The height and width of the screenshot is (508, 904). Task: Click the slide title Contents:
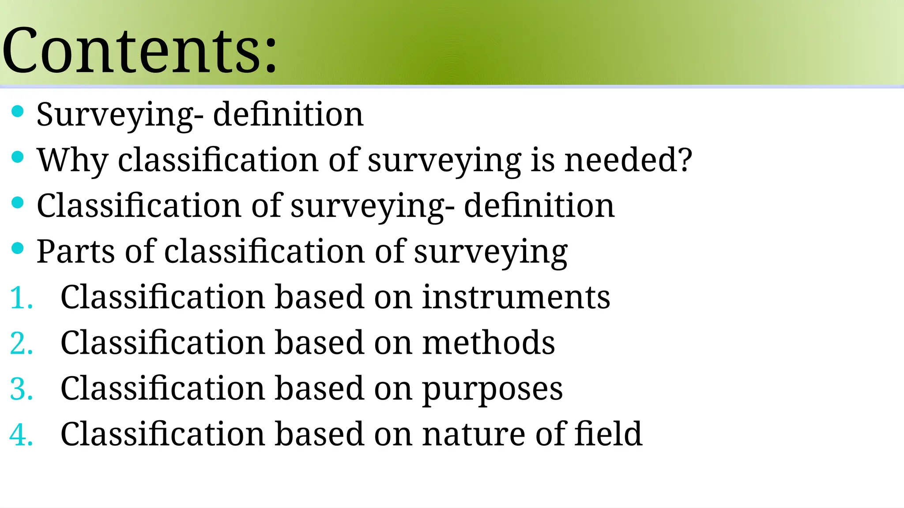pyautogui.click(x=139, y=51)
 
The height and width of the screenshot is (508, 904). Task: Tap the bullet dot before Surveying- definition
pyautogui.click(x=18, y=111)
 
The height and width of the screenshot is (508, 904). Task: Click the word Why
pyautogui.click(x=72, y=160)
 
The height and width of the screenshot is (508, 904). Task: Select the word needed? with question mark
pyautogui.click(x=628, y=160)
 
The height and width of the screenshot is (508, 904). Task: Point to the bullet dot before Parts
pyautogui.click(x=18, y=248)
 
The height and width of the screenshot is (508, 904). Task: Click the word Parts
pyautogui.click(x=75, y=251)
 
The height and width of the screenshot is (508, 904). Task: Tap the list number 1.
pyautogui.click(x=21, y=298)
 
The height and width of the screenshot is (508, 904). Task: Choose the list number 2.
pyautogui.click(x=21, y=343)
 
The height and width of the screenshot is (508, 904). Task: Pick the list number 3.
pyautogui.click(x=21, y=389)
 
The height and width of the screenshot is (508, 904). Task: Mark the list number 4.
pyautogui.click(x=21, y=435)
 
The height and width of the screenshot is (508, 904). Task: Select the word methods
pyautogui.click(x=488, y=343)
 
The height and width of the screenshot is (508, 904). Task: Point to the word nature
pyautogui.click(x=473, y=435)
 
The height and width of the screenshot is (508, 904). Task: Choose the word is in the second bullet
pyautogui.click(x=542, y=160)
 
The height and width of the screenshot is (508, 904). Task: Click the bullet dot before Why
pyautogui.click(x=18, y=157)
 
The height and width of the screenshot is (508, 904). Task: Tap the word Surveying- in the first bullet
pyautogui.click(x=120, y=115)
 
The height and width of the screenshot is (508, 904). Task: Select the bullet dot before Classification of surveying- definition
pyautogui.click(x=18, y=202)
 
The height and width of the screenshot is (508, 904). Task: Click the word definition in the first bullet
pyautogui.click(x=288, y=114)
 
